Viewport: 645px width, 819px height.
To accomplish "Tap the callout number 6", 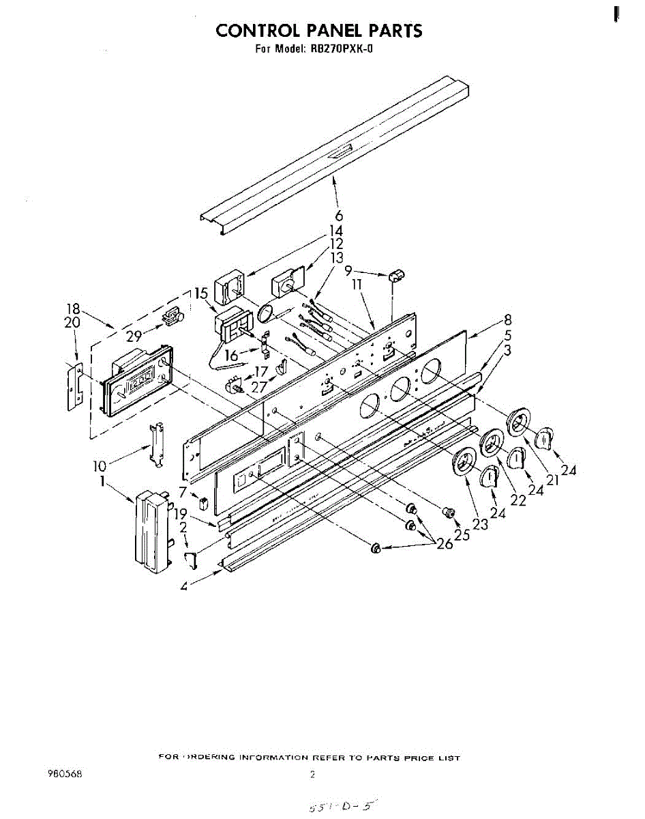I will pyautogui.click(x=338, y=217).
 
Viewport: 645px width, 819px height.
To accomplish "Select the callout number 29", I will pyautogui.click(x=134, y=335).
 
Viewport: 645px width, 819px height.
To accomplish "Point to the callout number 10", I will pyautogui.click(x=100, y=466).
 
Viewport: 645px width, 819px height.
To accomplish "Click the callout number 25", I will pyautogui.click(x=462, y=536).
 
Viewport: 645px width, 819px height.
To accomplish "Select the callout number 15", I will pyautogui.click(x=200, y=293).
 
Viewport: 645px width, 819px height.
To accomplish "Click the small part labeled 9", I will pyautogui.click(x=397, y=276).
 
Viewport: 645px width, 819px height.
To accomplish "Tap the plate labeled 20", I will pyautogui.click(x=75, y=386).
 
